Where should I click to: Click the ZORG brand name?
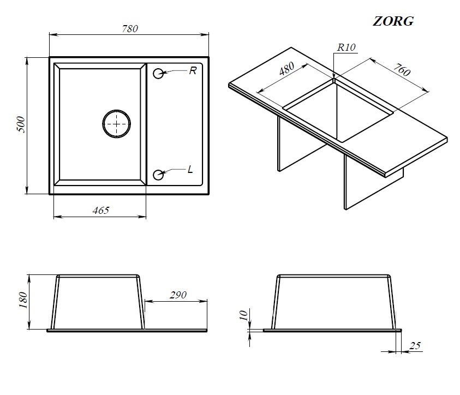point(393,21)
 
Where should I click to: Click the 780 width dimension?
point(130,28)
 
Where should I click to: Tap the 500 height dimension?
point(21,124)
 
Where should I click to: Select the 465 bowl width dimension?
point(100,210)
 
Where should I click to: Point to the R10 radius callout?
point(346,47)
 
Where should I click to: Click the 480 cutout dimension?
point(286,68)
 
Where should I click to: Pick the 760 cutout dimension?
point(402,70)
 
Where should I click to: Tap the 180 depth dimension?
point(23,300)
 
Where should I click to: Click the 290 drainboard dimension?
point(178,295)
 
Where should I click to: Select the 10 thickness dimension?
point(243,315)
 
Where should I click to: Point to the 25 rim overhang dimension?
point(415,346)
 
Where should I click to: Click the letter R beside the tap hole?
point(193,71)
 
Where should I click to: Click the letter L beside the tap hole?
point(190,170)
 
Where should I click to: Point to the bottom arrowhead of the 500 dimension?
point(27,189)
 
